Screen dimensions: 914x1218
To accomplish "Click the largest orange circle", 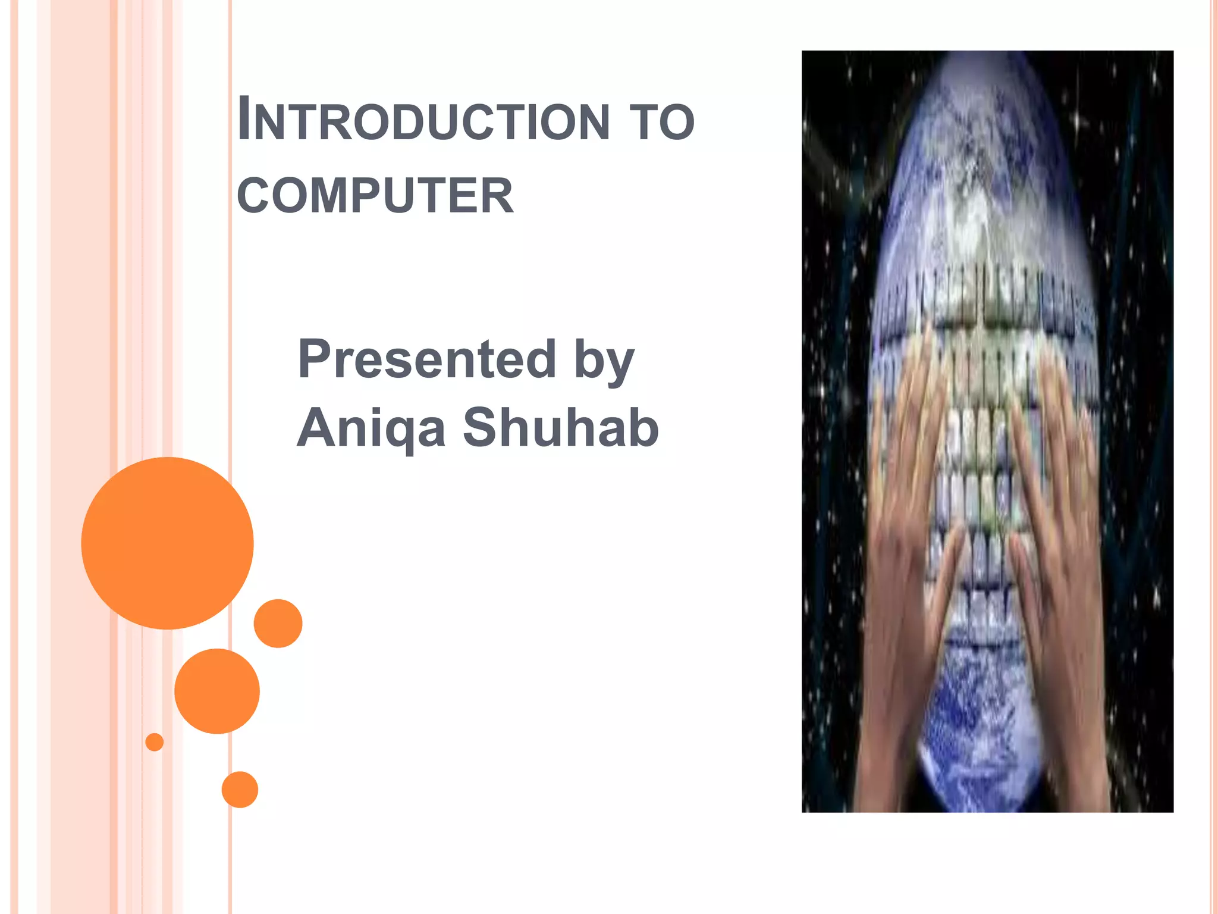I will (167, 543).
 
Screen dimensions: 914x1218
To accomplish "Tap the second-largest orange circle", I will (216, 691).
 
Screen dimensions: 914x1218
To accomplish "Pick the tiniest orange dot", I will (155, 742).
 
